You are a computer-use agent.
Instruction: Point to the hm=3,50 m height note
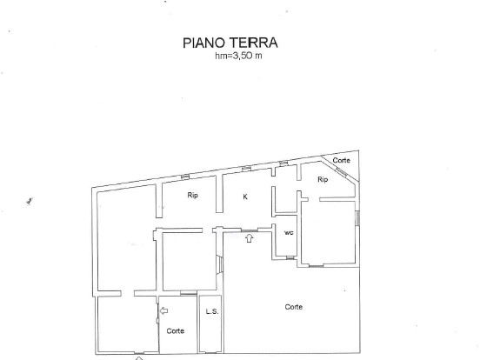(238, 56)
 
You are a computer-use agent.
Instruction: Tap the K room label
(245, 197)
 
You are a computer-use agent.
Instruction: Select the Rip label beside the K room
(192, 195)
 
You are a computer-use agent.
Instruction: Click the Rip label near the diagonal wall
(323, 179)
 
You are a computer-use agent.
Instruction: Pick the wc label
(289, 233)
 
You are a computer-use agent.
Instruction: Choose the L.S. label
(212, 311)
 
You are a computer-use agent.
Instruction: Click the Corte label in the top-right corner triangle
(342, 160)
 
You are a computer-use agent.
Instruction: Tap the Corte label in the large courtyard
(294, 307)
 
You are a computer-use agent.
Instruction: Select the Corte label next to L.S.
(176, 331)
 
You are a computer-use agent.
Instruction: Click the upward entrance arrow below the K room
(250, 238)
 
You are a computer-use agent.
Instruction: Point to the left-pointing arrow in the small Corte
(163, 310)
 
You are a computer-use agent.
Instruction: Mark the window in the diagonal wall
(342, 173)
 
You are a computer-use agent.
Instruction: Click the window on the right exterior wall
(357, 218)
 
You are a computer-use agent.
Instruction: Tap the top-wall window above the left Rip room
(185, 177)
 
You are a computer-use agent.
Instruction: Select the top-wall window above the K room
(246, 168)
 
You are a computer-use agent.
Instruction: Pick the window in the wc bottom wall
(290, 258)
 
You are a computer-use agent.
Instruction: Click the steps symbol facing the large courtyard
(219, 263)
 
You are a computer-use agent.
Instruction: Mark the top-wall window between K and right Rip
(283, 163)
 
